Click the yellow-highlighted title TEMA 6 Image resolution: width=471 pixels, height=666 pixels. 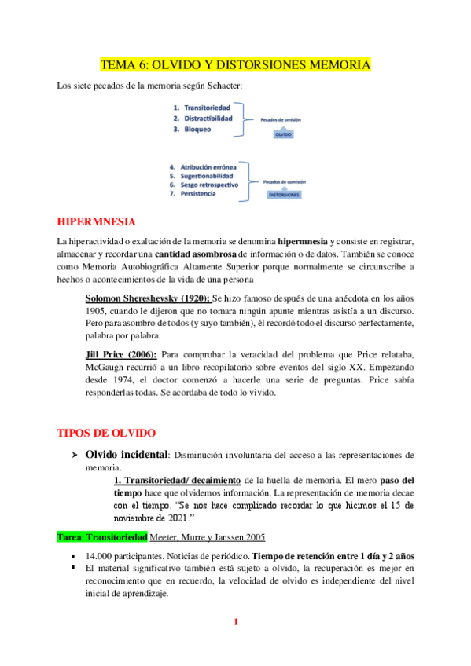point(235,64)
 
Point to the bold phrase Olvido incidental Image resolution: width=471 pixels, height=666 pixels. point(126,455)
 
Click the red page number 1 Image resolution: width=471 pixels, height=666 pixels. point(235,623)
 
